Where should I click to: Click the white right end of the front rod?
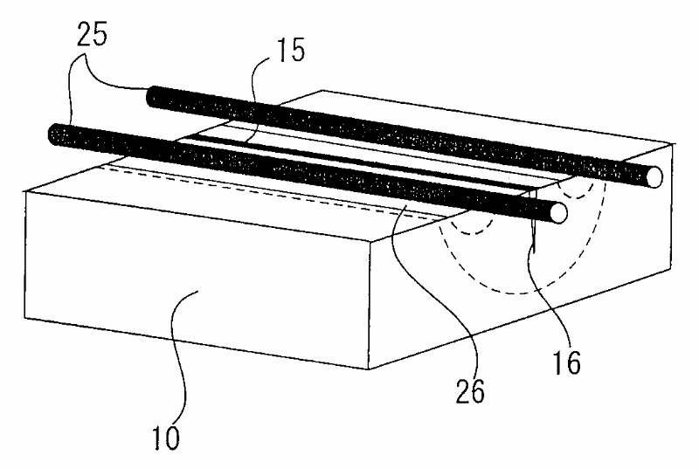point(557,212)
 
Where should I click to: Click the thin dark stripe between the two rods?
point(349,162)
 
